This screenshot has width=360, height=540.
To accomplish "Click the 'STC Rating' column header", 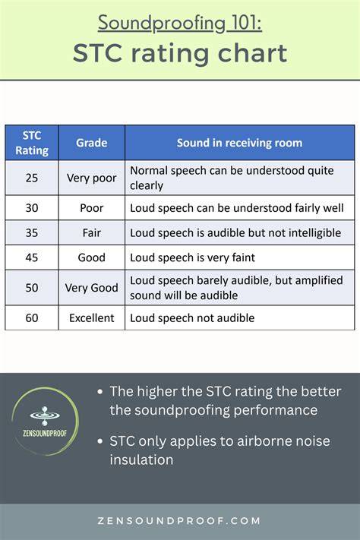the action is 32,143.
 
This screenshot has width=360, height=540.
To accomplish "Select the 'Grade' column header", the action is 92,143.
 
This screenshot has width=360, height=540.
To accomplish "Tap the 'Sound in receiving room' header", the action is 239,143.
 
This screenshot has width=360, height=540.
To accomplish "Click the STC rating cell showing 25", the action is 32,178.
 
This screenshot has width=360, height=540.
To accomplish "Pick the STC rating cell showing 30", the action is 32,208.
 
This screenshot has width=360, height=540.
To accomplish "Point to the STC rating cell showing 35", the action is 32,233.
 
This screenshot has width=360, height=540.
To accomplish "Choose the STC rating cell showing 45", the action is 32,257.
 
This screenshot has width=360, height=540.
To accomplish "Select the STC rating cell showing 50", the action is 32,288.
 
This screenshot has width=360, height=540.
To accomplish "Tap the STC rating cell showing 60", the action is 32,318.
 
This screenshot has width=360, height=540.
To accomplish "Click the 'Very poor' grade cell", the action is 92,178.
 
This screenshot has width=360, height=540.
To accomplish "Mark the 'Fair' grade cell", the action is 92,233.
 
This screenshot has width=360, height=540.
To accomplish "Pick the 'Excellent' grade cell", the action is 92,318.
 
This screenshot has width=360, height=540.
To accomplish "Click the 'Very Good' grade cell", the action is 92,288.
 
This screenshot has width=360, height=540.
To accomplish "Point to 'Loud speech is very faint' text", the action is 192,257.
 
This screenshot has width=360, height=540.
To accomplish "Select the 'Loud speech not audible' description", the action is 192,318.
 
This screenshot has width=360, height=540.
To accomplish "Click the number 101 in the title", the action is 246,23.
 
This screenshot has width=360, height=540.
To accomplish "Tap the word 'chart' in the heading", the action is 253,53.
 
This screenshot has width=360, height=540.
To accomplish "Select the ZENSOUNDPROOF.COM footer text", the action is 179,521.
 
